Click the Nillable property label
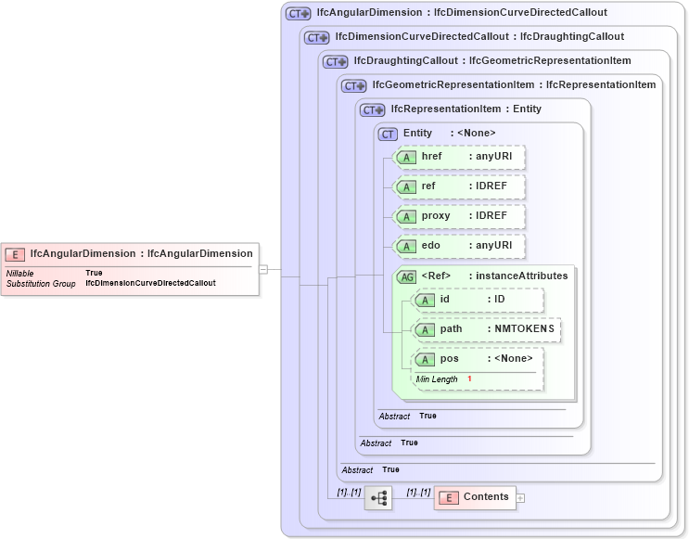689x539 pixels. click(20, 273)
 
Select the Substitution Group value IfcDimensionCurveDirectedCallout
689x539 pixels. click(150, 283)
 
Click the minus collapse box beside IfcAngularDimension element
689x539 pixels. click(263, 269)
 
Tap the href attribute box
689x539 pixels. click(460, 157)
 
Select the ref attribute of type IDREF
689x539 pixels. click(460, 186)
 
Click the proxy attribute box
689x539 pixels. click(460, 216)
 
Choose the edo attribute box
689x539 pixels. click(460, 246)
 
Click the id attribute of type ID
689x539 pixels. click(478, 300)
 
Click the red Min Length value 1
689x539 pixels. click(469, 379)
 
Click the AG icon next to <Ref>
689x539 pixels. click(406, 276)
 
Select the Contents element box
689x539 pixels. click(474, 497)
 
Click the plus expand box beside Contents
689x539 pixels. click(520, 498)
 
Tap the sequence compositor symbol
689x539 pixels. click(378, 498)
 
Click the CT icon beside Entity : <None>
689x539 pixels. click(389, 134)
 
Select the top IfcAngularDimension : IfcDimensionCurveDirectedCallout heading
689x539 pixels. click(461, 13)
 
